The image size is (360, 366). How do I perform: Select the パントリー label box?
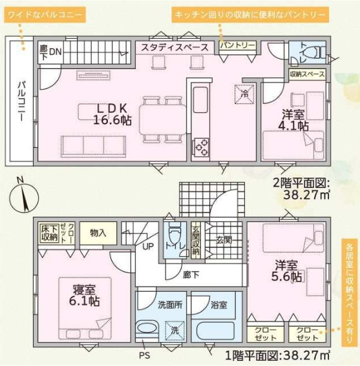[x=237, y=46]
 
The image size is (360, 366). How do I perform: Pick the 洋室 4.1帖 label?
[x=293, y=120]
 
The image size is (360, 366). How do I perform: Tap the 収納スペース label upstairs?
[x=306, y=75]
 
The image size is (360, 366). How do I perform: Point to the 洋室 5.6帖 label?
[x=288, y=270]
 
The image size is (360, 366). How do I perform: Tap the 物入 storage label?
[x=98, y=232]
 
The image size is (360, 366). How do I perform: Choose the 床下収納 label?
[x=49, y=233]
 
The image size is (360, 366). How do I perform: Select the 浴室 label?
[x=219, y=304]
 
